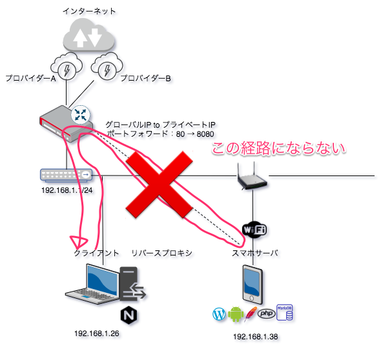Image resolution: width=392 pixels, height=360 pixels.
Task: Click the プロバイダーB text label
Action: pyautogui.click(x=146, y=79)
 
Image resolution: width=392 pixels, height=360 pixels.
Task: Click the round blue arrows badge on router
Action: pyautogui.click(x=81, y=114)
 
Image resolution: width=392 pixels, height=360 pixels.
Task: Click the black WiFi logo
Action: pyautogui.click(x=254, y=228)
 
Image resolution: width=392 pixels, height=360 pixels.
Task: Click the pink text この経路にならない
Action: pyautogui.click(x=280, y=150)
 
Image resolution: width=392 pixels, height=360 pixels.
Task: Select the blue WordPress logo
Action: pyautogui.click(x=220, y=315)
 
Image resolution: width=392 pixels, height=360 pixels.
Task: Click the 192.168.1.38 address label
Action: pyautogui.click(x=255, y=336)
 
